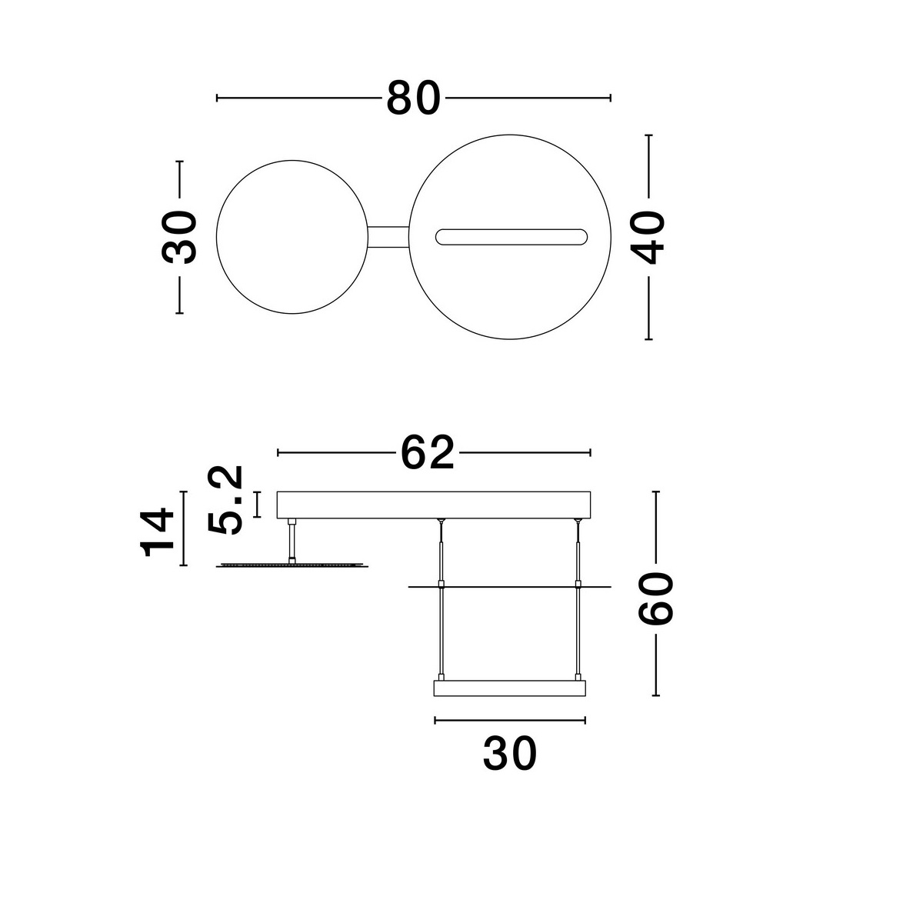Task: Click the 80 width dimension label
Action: tap(413, 98)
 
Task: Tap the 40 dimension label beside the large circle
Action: tap(647, 238)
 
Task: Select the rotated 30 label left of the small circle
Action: tap(179, 237)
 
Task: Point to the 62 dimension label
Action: tap(427, 452)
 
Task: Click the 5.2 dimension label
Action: tap(225, 500)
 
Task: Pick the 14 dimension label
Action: tap(157, 532)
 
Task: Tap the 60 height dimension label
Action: tap(655, 598)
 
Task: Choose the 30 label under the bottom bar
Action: tap(510, 754)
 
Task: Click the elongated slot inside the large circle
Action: tap(511, 237)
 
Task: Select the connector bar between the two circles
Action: tap(388, 237)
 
